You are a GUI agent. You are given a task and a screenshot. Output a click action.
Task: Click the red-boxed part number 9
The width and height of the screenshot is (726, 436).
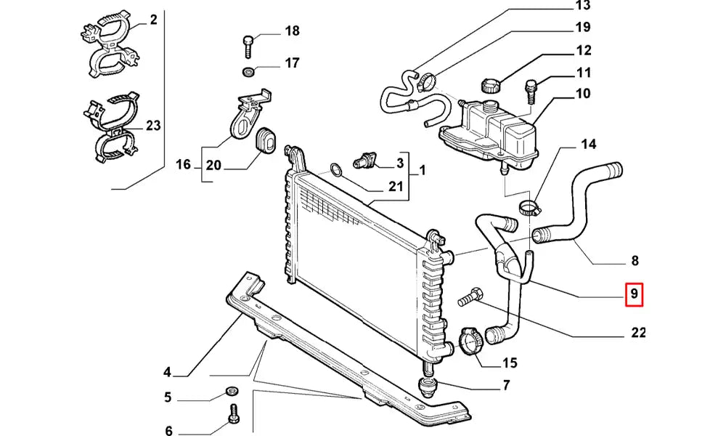coord(634,295)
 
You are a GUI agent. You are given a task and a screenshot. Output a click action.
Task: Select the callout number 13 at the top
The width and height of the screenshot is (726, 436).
coord(583,7)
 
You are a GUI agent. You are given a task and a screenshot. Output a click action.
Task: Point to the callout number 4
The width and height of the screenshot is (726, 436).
coord(167,373)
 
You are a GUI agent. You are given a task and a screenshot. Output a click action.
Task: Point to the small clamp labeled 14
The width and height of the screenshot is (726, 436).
coord(530,209)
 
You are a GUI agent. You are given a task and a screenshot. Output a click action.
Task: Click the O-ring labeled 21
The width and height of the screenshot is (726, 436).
coord(335,171)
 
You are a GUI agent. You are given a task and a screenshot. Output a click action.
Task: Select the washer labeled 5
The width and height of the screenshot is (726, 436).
coord(232,390)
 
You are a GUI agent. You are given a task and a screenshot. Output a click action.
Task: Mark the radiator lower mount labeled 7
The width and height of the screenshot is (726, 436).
coord(427,384)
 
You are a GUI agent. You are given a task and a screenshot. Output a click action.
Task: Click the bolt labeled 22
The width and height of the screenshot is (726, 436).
coord(470,298)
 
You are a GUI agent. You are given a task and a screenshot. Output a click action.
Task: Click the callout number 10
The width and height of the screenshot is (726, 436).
coord(583,94)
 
